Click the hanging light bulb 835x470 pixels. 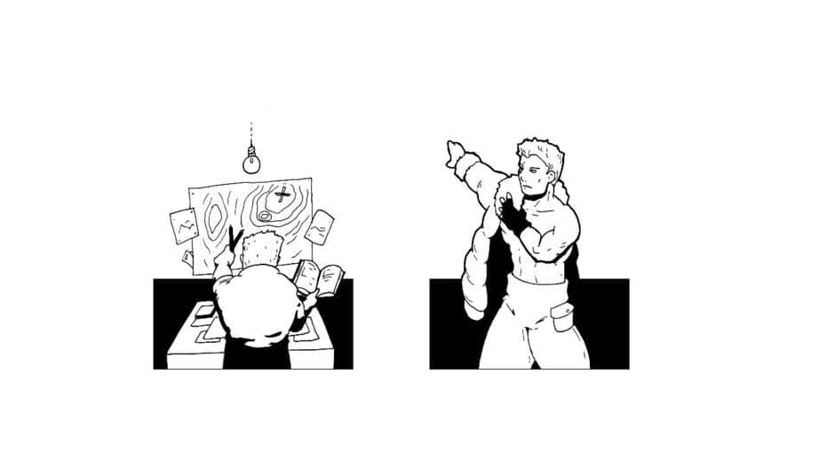pos(252,162)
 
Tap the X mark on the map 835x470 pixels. pos(282,195)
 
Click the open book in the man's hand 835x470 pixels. pos(319,278)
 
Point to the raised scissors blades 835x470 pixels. pos(235,238)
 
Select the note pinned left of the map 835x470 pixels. pos(184,227)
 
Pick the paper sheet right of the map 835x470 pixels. pos(320,227)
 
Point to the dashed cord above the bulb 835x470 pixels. pos(251,133)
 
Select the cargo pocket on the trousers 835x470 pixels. pos(562,317)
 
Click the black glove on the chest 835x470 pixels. pos(510,213)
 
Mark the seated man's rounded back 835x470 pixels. pos(258,307)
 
